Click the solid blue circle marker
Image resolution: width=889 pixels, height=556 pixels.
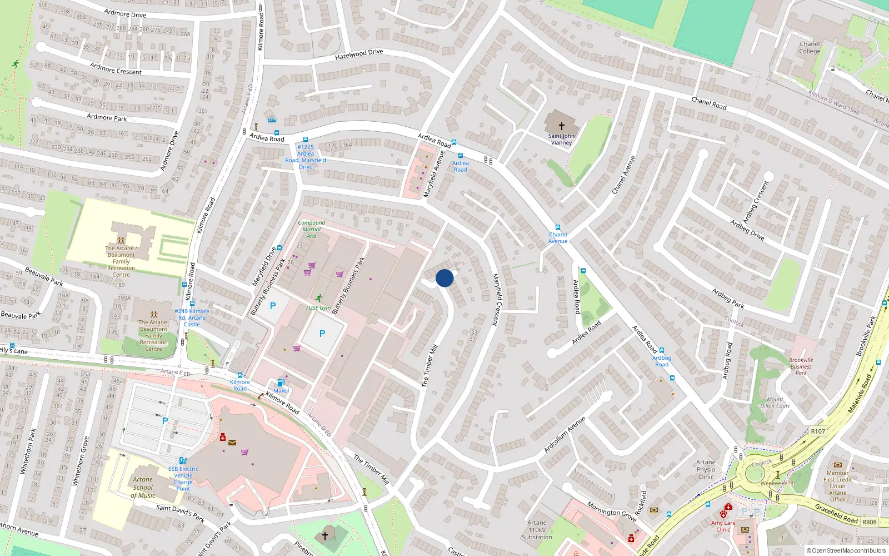pyautogui.click(x=444, y=278)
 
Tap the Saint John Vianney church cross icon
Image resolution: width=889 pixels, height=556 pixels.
pyautogui.click(x=561, y=126)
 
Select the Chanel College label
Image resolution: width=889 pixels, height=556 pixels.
pyautogui.click(x=810, y=48)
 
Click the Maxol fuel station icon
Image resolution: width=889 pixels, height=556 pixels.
pyautogui.click(x=281, y=382)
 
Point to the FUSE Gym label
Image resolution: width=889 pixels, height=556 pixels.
pyautogui.click(x=318, y=307)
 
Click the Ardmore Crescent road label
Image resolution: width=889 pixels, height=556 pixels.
pyautogui.click(x=116, y=69)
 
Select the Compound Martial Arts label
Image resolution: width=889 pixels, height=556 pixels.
pyautogui.click(x=312, y=229)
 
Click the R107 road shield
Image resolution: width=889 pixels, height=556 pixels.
pyautogui.click(x=818, y=431)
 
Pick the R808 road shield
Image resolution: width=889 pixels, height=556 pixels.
pyautogui.click(x=870, y=522)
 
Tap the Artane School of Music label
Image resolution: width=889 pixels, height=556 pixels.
pyautogui.click(x=143, y=487)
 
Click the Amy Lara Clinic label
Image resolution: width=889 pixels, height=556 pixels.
pyautogui.click(x=723, y=526)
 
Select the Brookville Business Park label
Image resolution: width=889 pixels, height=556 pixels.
pyautogui.click(x=801, y=366)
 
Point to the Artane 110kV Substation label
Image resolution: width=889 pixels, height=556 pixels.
pyautogui.click(x=537, y=530)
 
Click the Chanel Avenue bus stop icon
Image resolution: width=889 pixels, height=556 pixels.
pyautogui.click(x=558, y=227)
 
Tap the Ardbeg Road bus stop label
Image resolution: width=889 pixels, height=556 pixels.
pyautogui.click(x=662, y=361)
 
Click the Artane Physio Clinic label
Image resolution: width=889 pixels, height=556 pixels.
pyautogui.click(x=706, y=469)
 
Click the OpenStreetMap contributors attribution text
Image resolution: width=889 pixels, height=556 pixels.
pyautogui.click(x=846, y=551)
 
